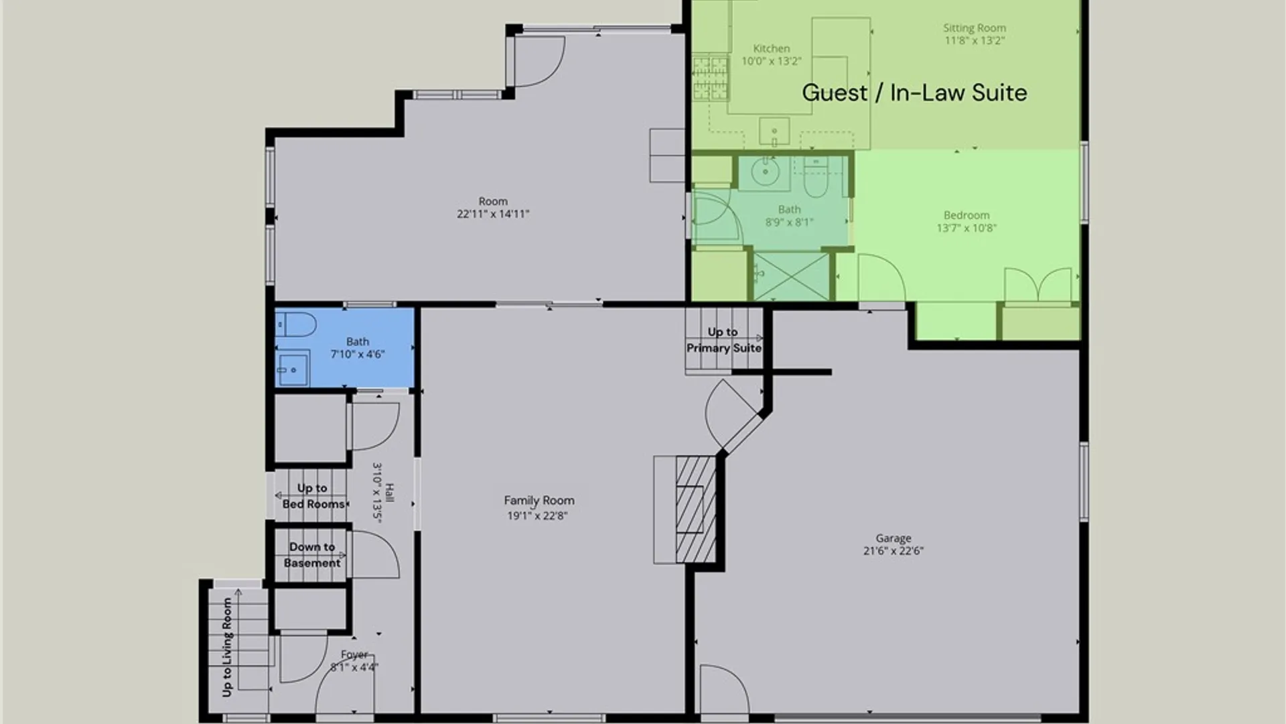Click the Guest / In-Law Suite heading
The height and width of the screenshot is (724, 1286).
pyautogui.click(x=914, y=93)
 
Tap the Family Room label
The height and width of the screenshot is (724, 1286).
pyautogui.click(x=539, y=500)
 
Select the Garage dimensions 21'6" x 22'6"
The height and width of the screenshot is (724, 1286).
pyautogui.click(x=894, y=551)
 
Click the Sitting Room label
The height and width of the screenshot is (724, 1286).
pyautogui.click(x=975, y=28)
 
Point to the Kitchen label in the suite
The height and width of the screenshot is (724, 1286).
pyautogui.click(x=772, y=48)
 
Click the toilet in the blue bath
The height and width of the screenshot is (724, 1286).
pyautogui.click(x=295, y=325)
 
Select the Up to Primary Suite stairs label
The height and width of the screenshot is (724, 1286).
pyautogui.click(x=723, y=340)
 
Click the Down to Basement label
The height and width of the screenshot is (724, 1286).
pyautogui.click(x=312, y=555)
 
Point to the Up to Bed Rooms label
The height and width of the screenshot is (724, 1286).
pyautogui.click(x=313, y=496)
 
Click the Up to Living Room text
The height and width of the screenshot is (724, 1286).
pyautogui.click(x=227, y=647)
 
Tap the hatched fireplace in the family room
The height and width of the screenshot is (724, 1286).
pyautogui.click(x=695, y=509)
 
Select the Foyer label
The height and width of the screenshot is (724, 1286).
pyautogui.click(x=354, y=654)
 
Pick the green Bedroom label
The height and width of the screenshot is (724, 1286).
pyautogui.click(x=967, y=215)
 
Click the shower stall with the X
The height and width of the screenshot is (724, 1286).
pyautogui.click(x=792, y=276)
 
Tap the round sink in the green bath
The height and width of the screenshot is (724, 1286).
pyautogui.click(x=764, y=172)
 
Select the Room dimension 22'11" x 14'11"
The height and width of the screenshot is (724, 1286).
pyautogui.click(x=493, y=214)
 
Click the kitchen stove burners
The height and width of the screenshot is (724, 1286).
pyautogui.click(x=710, y=78)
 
